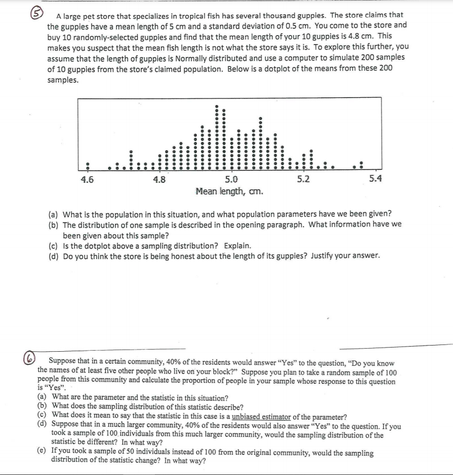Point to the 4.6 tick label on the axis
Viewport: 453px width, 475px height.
tap(87, 180)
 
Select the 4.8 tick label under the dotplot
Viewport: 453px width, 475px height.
tap(160, 180)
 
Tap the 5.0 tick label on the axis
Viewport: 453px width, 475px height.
tap(231, 180)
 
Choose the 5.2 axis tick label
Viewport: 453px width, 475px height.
tap(304, 180)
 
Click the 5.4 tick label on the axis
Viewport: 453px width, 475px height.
tap(375, 180)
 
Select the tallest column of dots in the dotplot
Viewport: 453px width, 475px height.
tap(217, 137)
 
